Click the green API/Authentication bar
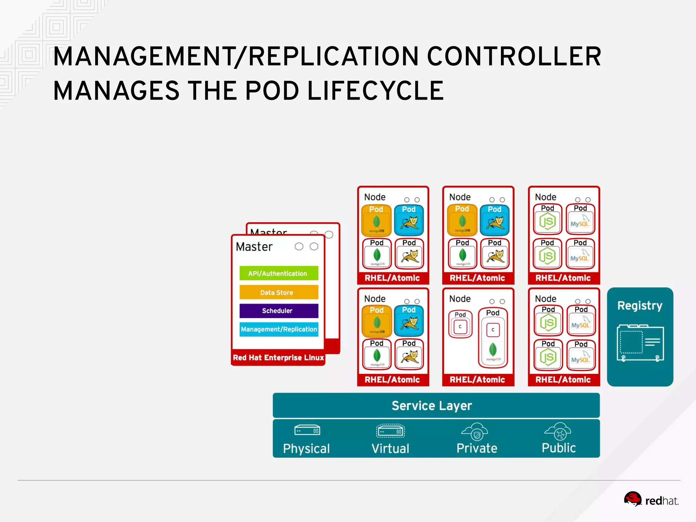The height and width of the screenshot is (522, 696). (279, 273)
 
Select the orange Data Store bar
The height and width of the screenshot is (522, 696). (279, 292)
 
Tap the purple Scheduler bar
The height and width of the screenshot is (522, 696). (279, 311)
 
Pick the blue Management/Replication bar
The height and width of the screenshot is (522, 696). (279, 329)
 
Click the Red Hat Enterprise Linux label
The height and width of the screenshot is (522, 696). (278, 358)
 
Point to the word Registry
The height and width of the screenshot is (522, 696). (640, 306)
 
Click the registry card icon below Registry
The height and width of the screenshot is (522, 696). (640, 343)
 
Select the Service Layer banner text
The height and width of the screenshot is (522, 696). (432, 406)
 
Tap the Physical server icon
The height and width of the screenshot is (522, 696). (307, 431)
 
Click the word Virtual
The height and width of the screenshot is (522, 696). (390, 449)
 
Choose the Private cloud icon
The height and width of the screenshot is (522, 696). (474, 432)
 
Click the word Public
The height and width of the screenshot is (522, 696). (558, 448)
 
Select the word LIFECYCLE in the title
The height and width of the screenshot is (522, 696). (375, 91)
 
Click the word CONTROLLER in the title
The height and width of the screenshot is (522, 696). (514, 56)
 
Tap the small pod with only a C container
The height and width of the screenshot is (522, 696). (460, 324)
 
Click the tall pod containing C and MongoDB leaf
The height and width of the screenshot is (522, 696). (493, 338)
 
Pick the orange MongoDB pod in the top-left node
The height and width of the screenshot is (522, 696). (376, 220)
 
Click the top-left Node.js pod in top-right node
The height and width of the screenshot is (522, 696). (547, 219)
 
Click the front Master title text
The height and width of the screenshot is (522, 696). (254, 247)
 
